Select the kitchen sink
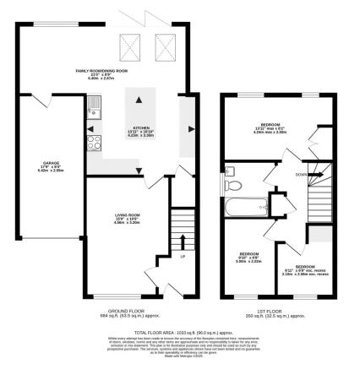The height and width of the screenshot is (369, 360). coord(95,106)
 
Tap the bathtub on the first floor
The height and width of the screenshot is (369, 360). coord(242,207)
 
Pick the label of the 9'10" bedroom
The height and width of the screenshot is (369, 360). coord(248,257)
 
